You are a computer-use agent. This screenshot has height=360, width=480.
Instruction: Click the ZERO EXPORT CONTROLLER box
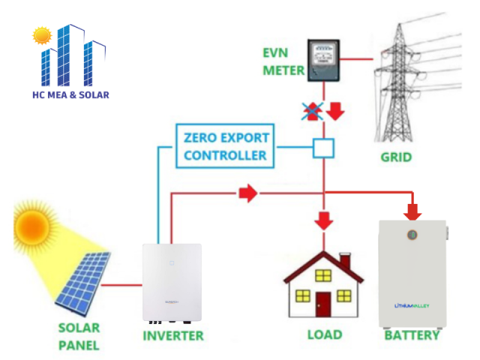coord(225,146)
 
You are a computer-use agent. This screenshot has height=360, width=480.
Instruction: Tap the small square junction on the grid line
coord(323,147)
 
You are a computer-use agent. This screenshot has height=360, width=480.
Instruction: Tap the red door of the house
coord(323,304)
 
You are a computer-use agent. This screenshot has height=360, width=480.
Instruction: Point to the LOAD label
coord(324,335)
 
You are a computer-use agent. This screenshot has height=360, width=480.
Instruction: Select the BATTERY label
coord(412,335)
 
